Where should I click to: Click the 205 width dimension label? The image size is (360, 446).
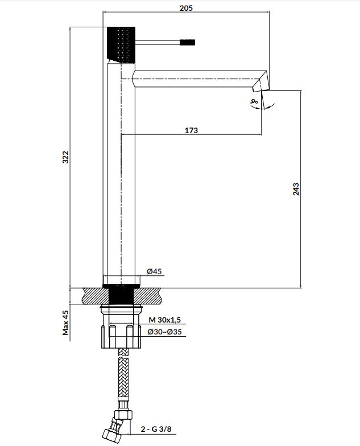click(186, 8)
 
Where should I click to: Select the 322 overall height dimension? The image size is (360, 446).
click(66, 157)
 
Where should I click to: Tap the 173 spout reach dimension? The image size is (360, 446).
click(191, 130)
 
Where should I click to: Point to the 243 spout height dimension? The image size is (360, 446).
click(296, 189)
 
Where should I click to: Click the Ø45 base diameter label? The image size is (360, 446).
click(154, 271)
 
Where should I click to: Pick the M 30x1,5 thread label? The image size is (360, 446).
click(165, 320)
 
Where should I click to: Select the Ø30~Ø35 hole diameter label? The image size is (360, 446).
click(165, 332)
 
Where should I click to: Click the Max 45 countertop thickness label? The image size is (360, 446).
click(66, 323)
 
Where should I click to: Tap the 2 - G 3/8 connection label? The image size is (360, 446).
click(156, 429)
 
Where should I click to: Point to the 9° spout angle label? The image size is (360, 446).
click(254, 101)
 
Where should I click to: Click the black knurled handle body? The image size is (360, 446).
click(121, 44)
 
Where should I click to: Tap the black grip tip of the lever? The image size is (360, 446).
click(187, 42)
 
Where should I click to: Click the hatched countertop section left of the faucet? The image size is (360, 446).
click(96, 296)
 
